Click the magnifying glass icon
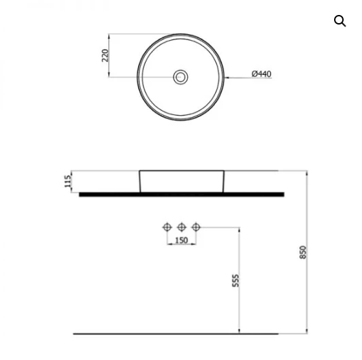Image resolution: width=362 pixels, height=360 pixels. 340,21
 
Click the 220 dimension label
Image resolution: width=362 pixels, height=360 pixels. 105,55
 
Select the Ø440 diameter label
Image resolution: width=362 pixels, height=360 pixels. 261,74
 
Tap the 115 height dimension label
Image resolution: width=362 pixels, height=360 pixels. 67,181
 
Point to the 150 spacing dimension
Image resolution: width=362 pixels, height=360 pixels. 182,240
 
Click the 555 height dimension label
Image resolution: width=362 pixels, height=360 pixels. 235,280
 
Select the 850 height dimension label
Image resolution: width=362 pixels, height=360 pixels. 303,252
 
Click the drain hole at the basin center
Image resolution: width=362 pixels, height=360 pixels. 180,77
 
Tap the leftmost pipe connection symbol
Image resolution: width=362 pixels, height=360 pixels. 167,227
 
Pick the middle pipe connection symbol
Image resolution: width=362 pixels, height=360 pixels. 182,227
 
